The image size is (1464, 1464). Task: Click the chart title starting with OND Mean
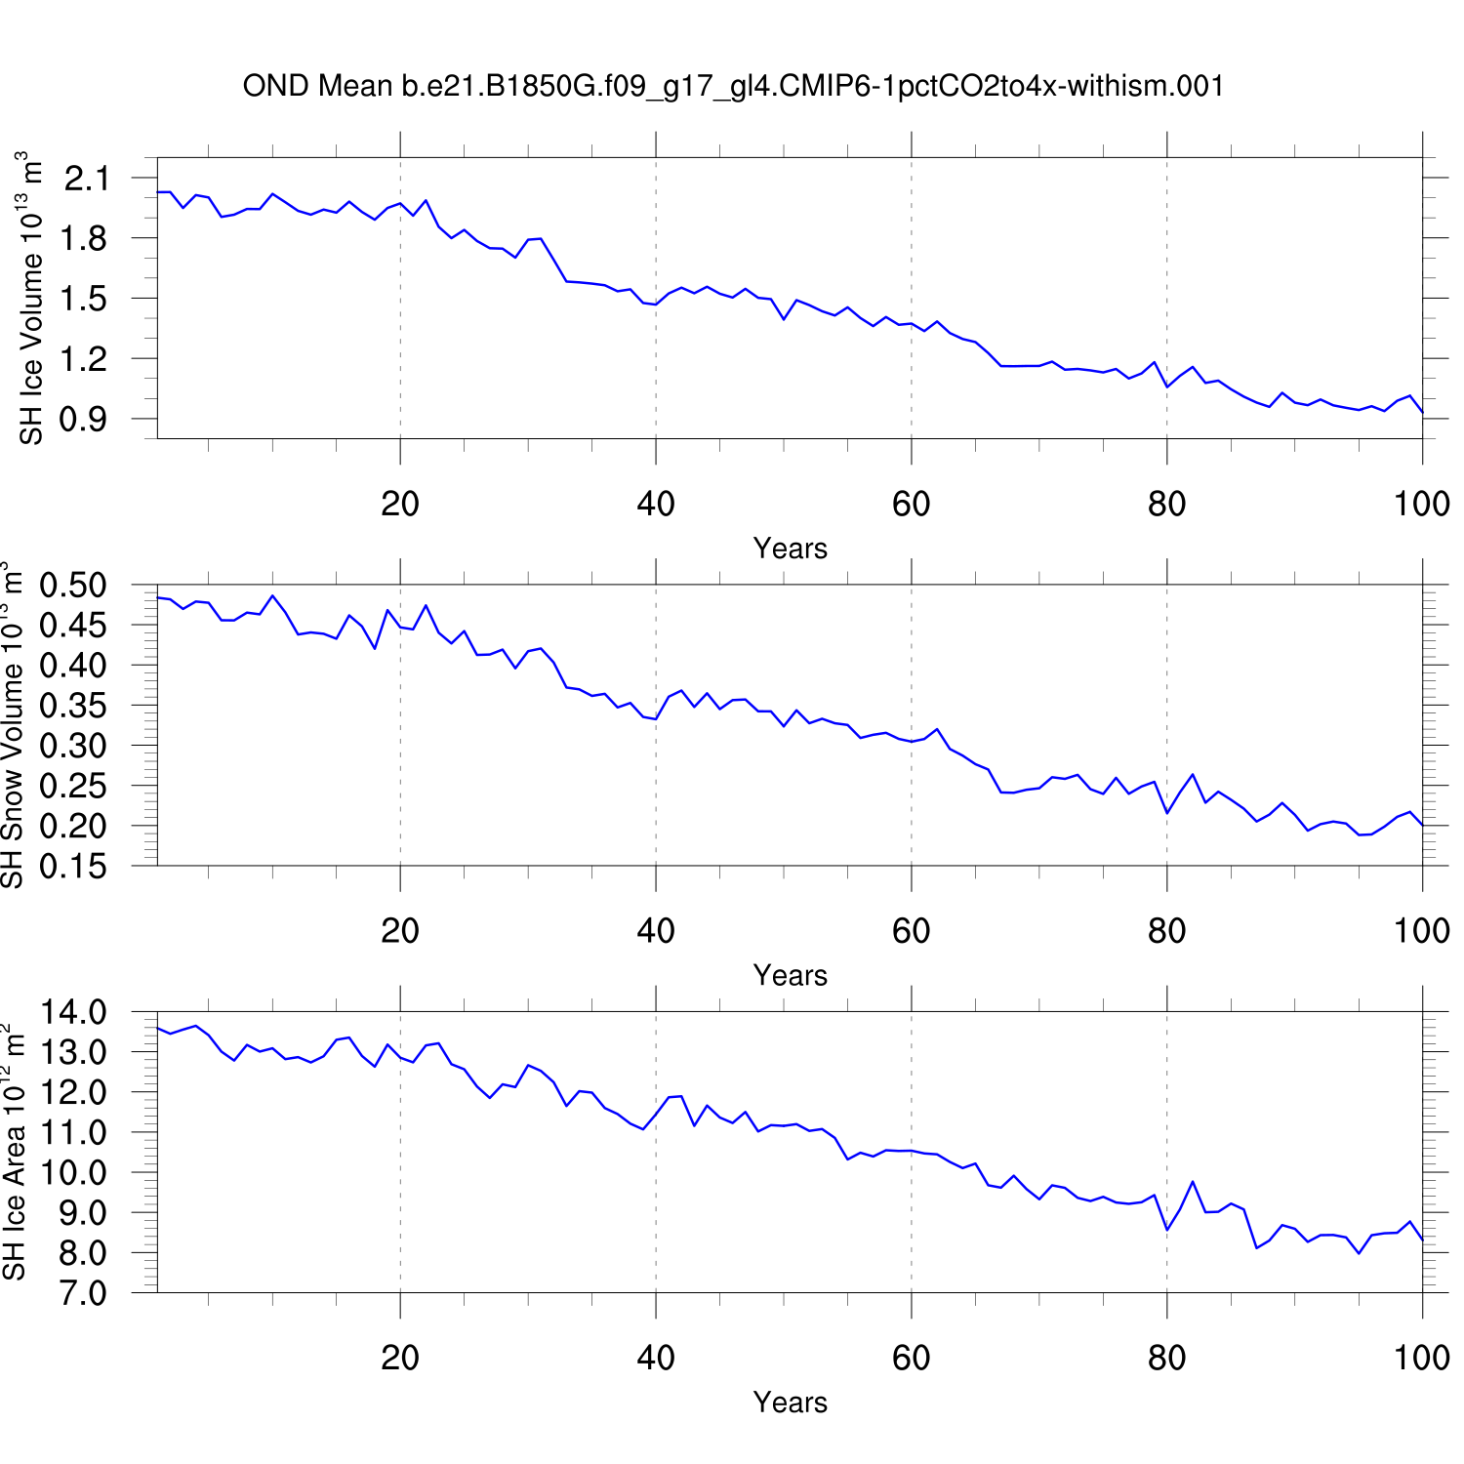733,86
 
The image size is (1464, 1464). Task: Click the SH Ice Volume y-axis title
31,298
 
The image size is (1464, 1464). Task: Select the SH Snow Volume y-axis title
13,724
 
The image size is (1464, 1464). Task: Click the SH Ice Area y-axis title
14,1152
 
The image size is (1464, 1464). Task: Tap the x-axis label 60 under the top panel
911,504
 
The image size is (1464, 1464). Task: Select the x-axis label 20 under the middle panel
400,931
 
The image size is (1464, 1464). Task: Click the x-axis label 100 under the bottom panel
1421,1358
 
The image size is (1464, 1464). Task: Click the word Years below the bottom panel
791,1403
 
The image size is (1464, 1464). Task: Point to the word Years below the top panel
791,549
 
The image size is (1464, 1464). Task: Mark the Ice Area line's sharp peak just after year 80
1193,1182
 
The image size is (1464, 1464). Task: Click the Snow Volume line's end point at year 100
1423,826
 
